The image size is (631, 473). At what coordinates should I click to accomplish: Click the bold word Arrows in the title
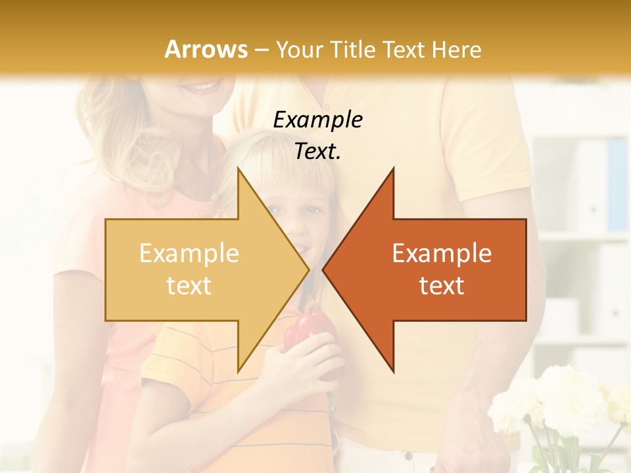pos(206,49)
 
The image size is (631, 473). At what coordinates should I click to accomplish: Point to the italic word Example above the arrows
pos(318,120)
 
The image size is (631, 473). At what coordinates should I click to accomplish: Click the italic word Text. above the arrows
pos(318,151)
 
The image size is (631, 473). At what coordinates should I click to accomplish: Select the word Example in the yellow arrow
pos(189,253)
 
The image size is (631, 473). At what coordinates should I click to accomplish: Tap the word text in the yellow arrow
pos(189,285)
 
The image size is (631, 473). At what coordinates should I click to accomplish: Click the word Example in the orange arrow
pos(442,253)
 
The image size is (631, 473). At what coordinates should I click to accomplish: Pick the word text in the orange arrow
pos(442,285)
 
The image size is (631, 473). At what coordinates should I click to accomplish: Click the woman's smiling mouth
pos(200,86)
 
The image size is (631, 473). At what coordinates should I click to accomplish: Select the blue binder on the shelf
pos(617,184)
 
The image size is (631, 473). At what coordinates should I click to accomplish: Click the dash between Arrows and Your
pos(261,50)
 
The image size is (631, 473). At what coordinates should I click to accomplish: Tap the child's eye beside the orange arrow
pos(314,210)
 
